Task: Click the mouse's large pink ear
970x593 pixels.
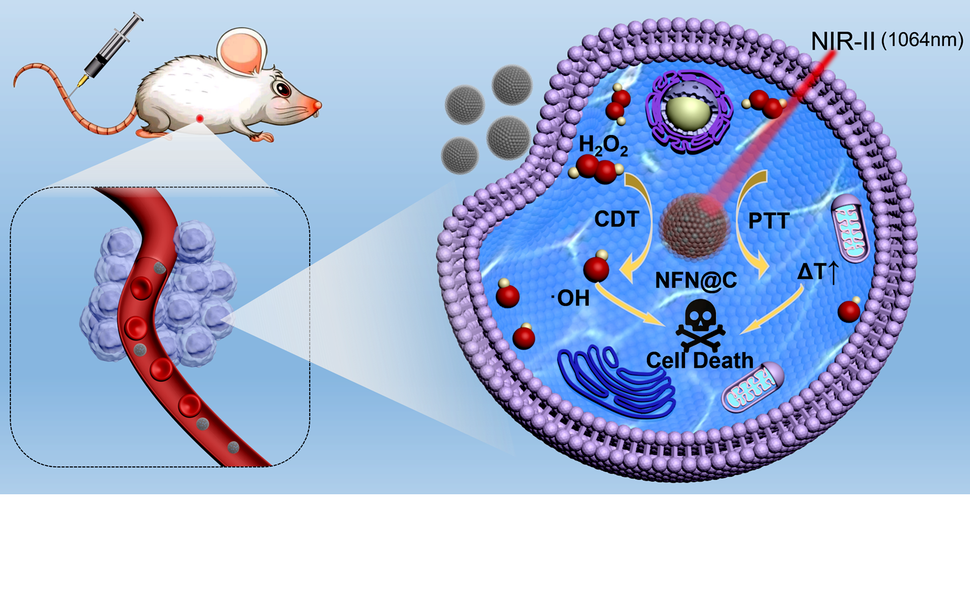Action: point(242,51)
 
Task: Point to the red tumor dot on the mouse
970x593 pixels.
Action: point(199,119)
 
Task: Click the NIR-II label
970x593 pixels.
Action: point(843,41)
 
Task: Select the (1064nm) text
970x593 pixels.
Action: point(921,40)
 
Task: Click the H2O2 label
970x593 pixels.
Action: point(603,146)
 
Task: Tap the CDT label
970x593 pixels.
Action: point(617,219)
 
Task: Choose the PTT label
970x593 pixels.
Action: point(768,221)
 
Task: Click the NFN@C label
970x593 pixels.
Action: point(696,280)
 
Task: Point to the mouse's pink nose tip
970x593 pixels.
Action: point(317,107)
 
